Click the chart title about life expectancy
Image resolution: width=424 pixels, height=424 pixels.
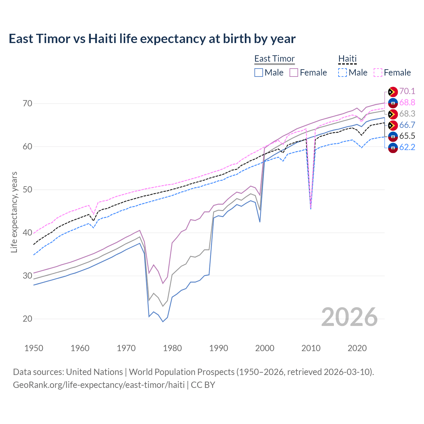(x=152, y=39)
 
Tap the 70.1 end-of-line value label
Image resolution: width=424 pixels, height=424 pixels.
(x=407, y=91)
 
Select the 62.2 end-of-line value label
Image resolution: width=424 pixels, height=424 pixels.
(x=407, y=147)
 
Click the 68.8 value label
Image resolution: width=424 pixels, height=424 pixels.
(x=407, y=103)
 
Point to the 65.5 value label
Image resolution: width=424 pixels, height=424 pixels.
(x=407, y=136)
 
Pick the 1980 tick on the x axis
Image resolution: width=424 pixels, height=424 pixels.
(x=172, y=348)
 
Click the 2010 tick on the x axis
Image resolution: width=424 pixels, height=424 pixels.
(x=311, y=348)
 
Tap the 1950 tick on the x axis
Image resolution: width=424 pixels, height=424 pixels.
(x=34, y=348)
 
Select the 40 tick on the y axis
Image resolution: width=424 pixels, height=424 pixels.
(x=27, y=233)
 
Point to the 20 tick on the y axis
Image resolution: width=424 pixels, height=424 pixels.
(x=27, y=319)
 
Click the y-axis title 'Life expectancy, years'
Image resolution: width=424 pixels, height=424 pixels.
(x=14, y=212)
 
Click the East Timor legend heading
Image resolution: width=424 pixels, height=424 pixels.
(x=274, y=59)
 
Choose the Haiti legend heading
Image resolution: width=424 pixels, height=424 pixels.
(x=347, y=59)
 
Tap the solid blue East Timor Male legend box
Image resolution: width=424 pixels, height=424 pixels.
(x=259, y=73)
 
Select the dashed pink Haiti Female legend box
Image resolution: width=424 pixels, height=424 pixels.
(x=378, y=73)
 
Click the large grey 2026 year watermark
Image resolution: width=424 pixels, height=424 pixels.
(x=349, y=317)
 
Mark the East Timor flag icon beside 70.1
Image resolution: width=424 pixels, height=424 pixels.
(x=393, y=92)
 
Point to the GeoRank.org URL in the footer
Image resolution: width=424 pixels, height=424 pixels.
(x=99, y=385)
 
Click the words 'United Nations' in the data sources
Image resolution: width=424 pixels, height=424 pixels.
(x=94, y=372)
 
